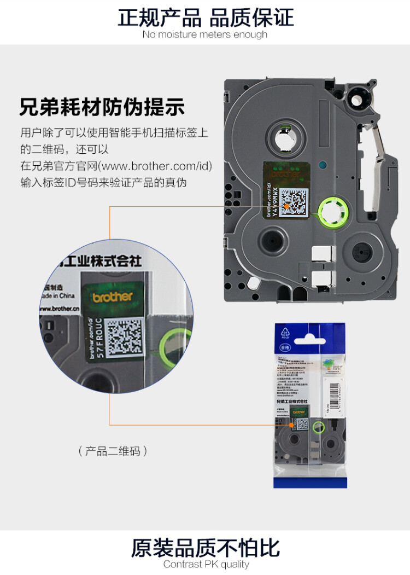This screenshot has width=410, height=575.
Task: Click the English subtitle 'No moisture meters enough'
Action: [204, 34]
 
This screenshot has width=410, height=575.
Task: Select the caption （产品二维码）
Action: [113, 451]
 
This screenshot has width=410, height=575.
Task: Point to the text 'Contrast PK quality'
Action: [206, 564]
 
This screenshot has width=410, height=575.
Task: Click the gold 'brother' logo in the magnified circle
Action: [112, 297]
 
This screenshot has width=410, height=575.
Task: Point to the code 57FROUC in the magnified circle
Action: [99, 337]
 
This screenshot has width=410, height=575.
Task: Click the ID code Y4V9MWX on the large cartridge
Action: [275, 202]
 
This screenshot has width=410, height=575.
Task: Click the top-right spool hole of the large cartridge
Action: [360, 101]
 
